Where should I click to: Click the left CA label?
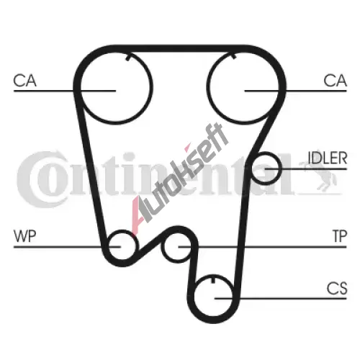point(25,81)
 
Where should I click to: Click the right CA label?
point(335,81)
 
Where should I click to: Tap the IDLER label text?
point(328,158)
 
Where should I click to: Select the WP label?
point(25,236)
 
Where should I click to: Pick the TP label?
point(340,236)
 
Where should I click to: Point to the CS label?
point(337,288)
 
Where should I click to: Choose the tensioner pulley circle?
point(162,247)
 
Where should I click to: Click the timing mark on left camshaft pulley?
point(128,58)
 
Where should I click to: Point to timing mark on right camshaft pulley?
point(234,56)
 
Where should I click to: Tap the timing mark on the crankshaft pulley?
point(213,280)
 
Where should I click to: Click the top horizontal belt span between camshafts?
point(179,48)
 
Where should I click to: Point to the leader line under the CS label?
point(281,299)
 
